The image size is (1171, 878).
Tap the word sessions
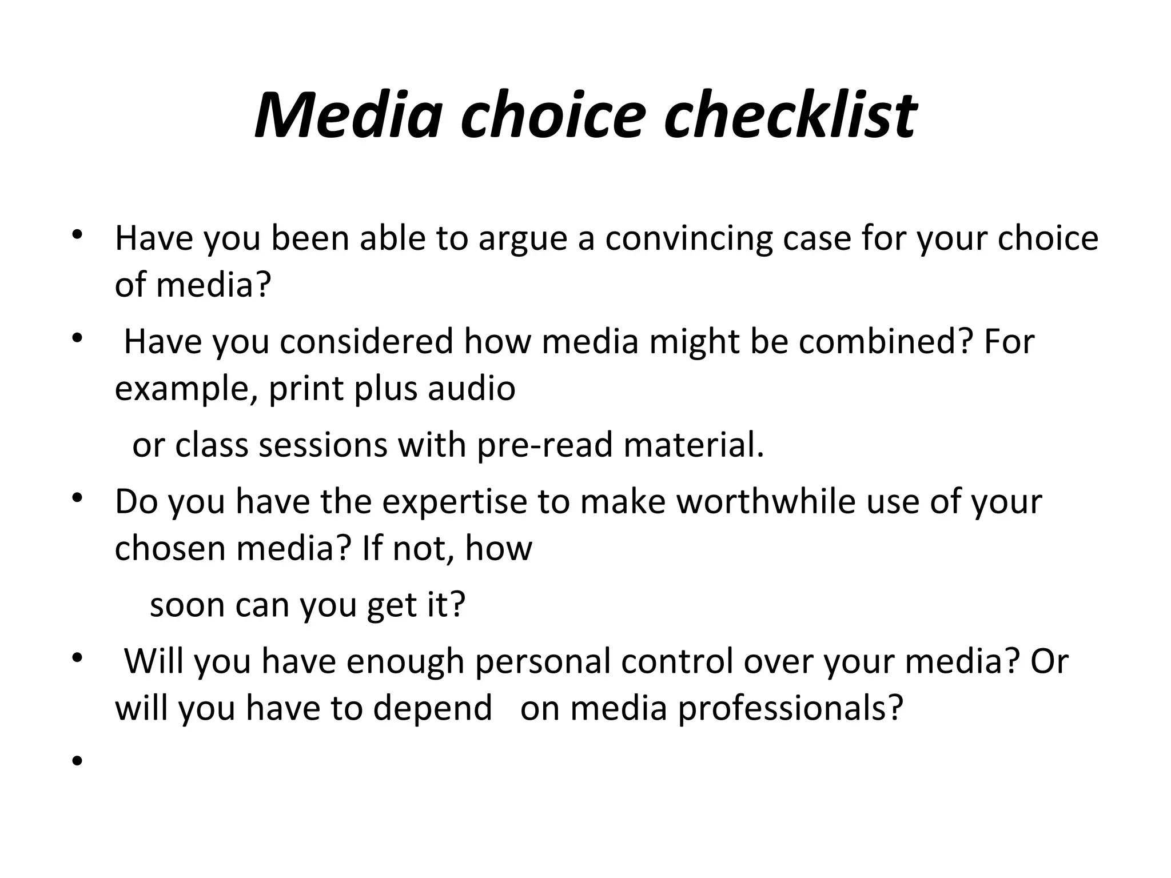click(x=323, y=445)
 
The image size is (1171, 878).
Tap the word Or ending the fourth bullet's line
click(x=1049, y=661)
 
